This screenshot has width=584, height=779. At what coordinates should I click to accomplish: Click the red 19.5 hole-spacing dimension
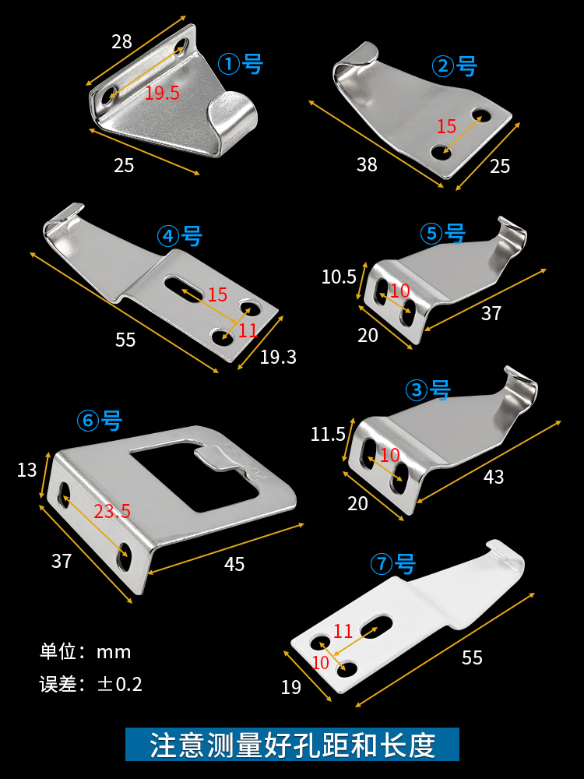pyautogui.click(x=162, y=93)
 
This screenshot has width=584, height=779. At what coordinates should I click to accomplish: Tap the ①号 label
pyautogui.click(x=241, y=63)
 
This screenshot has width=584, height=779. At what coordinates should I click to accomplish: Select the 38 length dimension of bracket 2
pyautogui.click(x=367, y=164)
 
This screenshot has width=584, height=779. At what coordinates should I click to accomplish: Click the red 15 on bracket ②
pyautogui.click(x=446, y=126)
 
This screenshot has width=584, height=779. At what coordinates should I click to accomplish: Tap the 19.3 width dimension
pyautogui.click(x=278, y=358)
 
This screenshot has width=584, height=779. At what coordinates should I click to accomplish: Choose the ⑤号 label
pyautogui.click(x=442, y=233)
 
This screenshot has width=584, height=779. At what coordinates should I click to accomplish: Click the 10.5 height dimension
pyautogui.click(x=339, y=277)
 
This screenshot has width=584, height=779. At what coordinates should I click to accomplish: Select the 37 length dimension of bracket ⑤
pyautogui.click(x=491, y=313)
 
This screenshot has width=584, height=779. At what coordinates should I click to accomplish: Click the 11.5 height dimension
pyautogui.click(x=328, y=434)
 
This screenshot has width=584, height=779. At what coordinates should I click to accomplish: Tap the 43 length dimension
pyautogui.click(x=494, y=477)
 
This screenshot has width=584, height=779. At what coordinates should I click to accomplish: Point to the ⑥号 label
pyautogui.click(x=100, y=421)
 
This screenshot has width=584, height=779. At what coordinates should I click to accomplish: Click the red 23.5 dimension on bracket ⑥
pyautogui.click(x=112, y=511)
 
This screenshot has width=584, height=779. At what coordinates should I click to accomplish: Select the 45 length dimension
pyautogui.click(x=234, y=564)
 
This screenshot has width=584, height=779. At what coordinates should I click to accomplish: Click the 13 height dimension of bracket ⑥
pyautogui.click(x=26, y=470)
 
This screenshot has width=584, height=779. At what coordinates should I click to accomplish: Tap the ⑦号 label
pyautogui.click(x=393, y=564)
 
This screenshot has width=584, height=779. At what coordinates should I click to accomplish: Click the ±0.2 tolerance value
pyautogui.click(x=120, y=685)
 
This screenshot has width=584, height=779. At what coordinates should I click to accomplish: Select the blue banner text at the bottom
pyautogui.click(x=292, y=745)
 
